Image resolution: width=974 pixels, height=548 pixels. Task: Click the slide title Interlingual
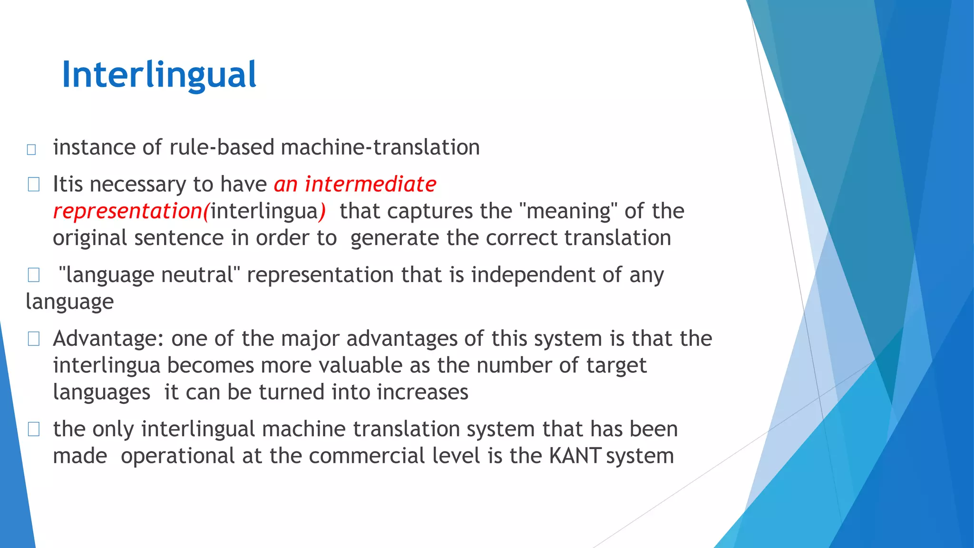[159, 75]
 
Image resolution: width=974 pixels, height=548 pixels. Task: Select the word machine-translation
[380, 147]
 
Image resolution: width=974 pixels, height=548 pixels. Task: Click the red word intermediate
[370, 184]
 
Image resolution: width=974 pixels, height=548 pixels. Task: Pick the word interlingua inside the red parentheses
[264, 211]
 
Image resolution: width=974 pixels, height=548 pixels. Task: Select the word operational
[177, 456]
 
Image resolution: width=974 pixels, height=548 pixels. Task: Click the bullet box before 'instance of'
[32, 149]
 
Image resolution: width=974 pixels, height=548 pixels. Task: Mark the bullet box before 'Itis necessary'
[33, 185]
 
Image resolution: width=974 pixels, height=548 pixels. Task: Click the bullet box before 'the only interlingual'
[33, 429]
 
